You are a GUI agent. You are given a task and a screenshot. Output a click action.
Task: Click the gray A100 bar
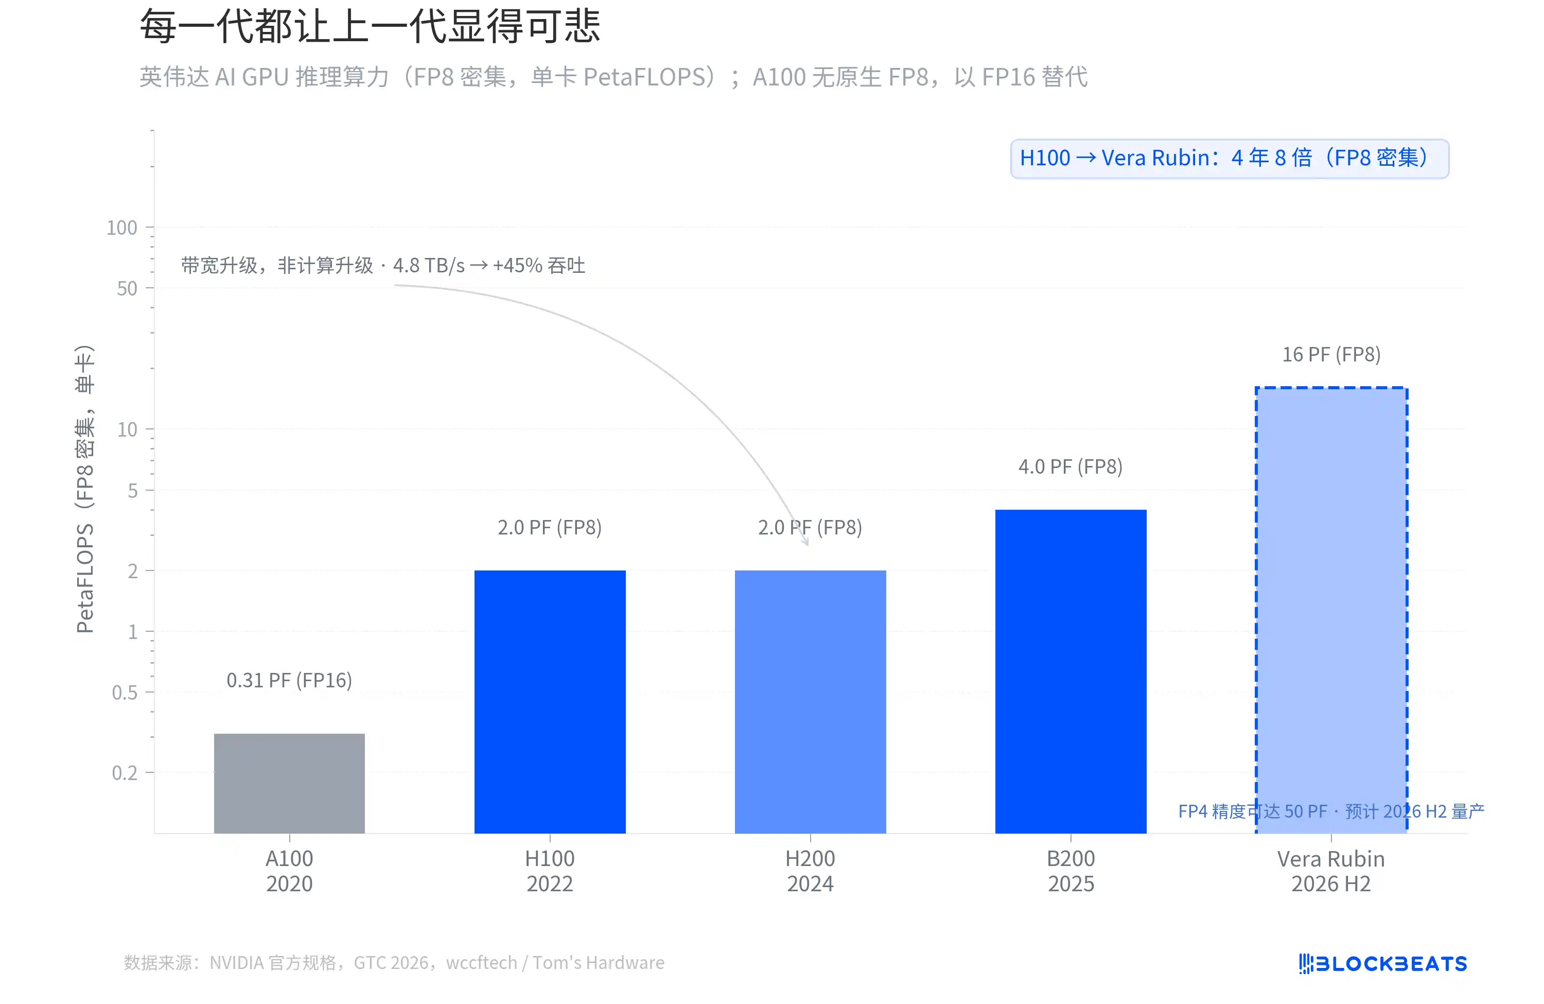tap(289, 783)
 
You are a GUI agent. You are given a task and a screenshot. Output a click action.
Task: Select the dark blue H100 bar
tap(550, 701)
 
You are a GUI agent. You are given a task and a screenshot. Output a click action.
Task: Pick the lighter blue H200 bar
tap(810, 701)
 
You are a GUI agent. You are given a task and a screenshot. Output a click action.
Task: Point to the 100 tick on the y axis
tap(122, 228)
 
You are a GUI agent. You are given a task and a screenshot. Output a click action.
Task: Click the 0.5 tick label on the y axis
tap(124, 693)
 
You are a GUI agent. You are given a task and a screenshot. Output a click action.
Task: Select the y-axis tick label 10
tap(127, 429)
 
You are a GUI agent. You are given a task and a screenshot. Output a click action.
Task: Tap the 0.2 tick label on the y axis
tap(124, 773)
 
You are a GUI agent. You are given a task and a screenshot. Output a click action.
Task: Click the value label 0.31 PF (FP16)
tap(289, 680)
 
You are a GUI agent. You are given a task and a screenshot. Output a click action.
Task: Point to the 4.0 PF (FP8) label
tap(1071, 466)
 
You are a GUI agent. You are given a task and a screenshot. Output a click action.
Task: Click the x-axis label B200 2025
tap(1071, 871)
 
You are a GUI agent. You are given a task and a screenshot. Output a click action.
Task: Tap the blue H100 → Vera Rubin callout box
tap(1230, 159)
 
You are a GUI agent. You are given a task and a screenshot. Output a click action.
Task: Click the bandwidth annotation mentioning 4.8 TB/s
tap(383, 266)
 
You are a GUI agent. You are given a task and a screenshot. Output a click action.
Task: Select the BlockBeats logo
tap(1382, 963)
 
